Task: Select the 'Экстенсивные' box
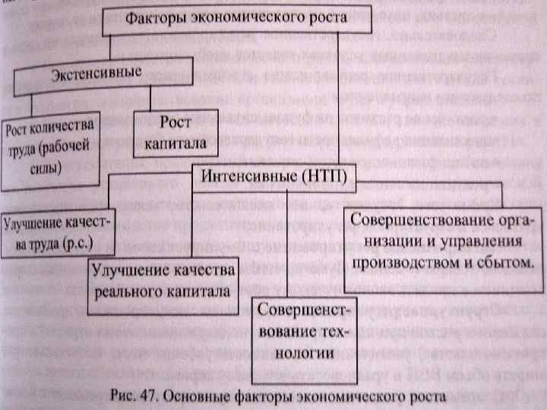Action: click(x=96, y=74)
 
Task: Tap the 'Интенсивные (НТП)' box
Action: click(x=273, y=175)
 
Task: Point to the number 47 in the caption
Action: click(x=149, y=394)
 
